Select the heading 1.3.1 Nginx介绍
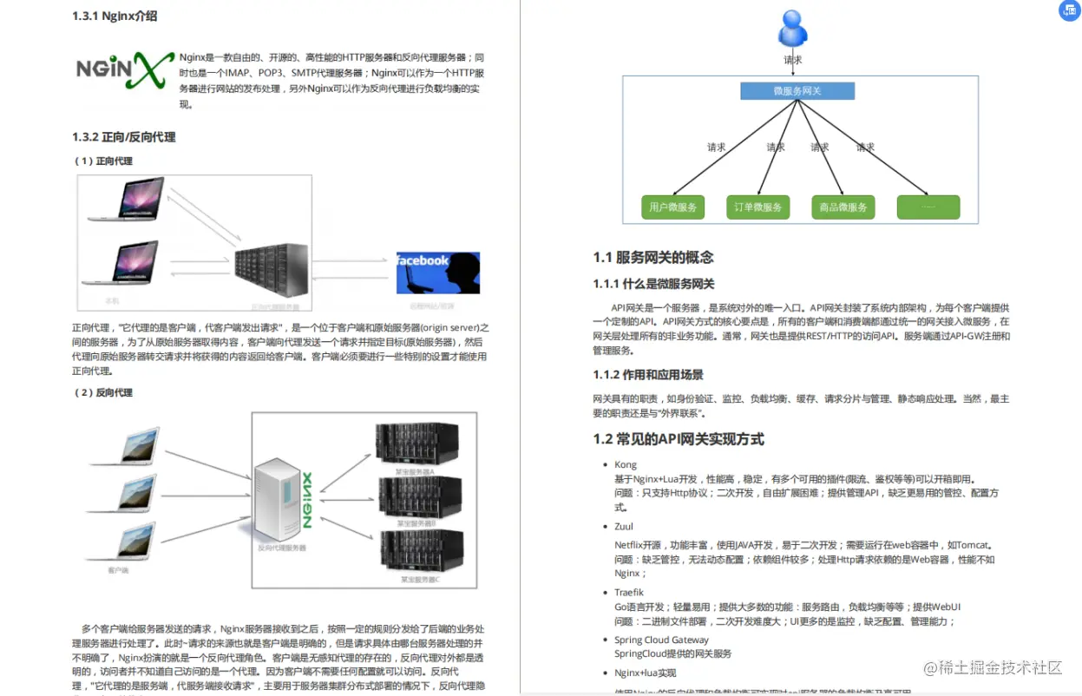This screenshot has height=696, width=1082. (x=115, y=16)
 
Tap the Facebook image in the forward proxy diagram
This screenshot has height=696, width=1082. (x=437, y=272)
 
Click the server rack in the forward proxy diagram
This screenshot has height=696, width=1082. (x=272, y=272)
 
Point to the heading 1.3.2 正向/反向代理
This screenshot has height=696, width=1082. (x=124, y=137)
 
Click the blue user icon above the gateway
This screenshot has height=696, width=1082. (x=793, y=28)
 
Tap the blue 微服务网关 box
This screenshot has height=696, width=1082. (x=797, y=91)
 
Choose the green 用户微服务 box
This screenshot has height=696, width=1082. (x=673, y=207)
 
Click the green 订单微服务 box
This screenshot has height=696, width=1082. (x=757, y=207)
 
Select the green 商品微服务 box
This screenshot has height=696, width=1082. (x=843, y=207)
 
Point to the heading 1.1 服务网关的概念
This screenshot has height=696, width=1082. (x=653, y=257)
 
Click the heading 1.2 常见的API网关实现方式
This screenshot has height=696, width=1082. (x=679, y=439)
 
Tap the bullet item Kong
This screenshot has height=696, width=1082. (x=626, y=465)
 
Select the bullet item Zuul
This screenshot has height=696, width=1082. (x=624, y=527)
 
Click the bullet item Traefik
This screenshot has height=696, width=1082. (x=629, y=593)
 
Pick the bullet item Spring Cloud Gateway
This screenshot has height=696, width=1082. (x=661, y=640)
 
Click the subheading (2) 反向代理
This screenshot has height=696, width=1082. (x=103, y=392)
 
